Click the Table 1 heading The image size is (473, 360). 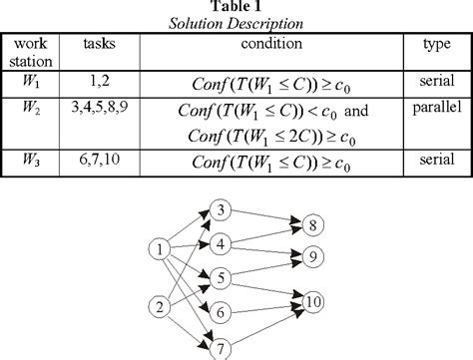pos(236,7)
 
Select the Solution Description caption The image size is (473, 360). pos(236,23)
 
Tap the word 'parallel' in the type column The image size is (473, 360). pos(432,103)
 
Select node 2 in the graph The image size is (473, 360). pos(158,305)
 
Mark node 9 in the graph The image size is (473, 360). pos(311,256)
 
